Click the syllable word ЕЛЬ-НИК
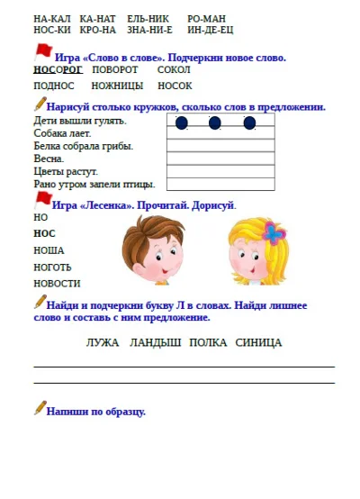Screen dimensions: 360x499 (x=148, y=18)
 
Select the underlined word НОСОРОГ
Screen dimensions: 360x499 (x=58, y=69)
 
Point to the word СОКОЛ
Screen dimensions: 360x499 (x=173, y=69)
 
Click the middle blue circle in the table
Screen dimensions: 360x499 (x=215, y=122)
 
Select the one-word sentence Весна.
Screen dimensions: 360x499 (x=49, y=158)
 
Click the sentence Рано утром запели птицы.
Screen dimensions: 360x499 (x=94, y=184)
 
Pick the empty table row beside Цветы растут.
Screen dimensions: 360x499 (x=220, y=171)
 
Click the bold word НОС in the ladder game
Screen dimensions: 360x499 (x=44, y=233)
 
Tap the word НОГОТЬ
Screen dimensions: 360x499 (x=53, y=267)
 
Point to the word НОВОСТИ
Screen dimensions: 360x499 (x=57, y=283)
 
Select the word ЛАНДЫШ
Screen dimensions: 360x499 (x=155, y=342)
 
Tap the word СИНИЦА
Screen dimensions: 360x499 (x=258, y=342)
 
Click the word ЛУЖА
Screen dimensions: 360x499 (x=103, y=342)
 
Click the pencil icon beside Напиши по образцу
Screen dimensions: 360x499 (x=40, y=408)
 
